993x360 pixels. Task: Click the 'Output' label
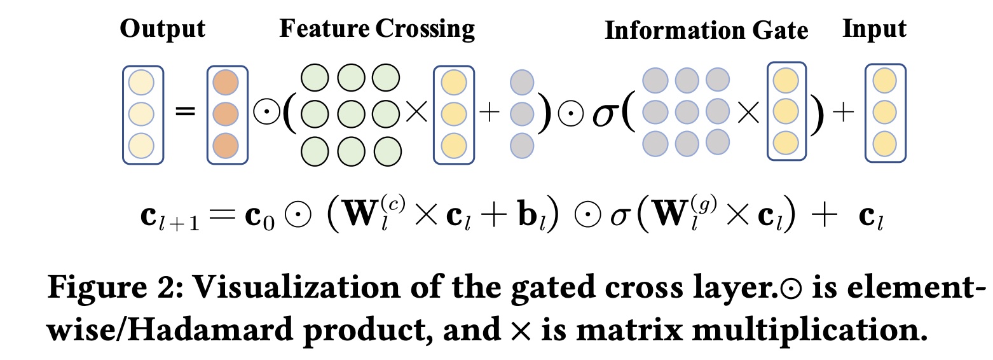162,30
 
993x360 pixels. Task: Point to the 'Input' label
874,29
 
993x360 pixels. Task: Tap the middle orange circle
226,114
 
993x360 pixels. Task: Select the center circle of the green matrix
350,114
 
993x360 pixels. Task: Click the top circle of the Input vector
885,82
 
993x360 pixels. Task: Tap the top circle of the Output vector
142,82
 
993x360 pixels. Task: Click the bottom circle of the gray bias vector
522,142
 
